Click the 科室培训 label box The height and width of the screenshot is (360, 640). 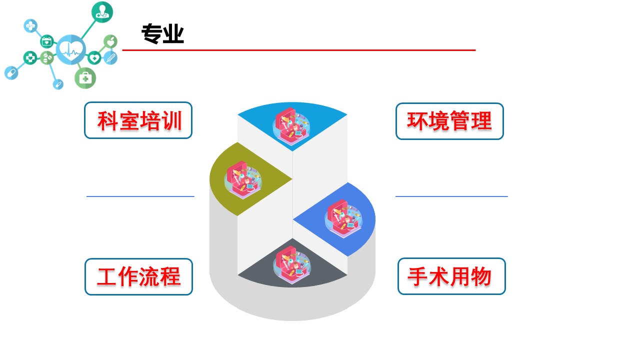138,120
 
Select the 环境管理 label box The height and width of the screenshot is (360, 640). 449,121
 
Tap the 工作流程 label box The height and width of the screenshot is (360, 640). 139,277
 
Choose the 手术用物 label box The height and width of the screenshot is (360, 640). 451,276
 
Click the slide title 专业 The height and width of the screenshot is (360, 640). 162,34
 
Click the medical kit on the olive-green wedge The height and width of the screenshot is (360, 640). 243,179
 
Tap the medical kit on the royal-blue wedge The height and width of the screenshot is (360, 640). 343,219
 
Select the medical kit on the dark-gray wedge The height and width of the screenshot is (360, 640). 291,265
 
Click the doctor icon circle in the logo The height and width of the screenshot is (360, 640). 102,12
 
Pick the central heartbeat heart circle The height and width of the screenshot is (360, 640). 71,49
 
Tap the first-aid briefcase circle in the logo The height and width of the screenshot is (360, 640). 85,78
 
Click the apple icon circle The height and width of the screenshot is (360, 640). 110,41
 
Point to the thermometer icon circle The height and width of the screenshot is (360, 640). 110,58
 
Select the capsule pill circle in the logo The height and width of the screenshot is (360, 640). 11,73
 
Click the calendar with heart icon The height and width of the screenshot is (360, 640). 46,42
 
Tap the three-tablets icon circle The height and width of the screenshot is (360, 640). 47,58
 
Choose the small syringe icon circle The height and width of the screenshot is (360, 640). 58,84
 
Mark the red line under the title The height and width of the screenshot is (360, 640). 299,50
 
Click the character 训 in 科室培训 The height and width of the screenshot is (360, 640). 173,121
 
